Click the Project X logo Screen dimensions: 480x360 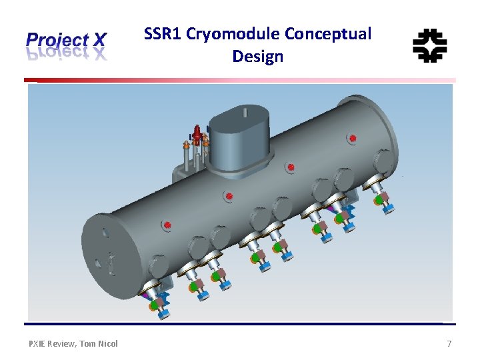(65, 45)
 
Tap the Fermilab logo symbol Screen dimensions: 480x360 (429, 45)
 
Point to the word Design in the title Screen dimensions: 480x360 (258, 57)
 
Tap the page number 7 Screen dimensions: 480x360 (449, 343)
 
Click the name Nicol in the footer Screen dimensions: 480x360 (108, 343)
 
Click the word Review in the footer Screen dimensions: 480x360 (64, 343)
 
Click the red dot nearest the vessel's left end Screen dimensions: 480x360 (168, 225)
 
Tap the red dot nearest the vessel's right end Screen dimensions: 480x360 (353, 139)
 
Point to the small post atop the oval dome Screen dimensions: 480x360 (246, 113)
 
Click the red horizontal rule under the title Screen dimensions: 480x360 (240, 81)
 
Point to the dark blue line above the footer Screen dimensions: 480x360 (240, 325)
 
